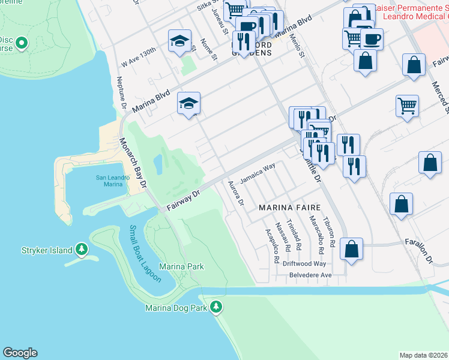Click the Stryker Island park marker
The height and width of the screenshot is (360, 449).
[x=81, y=250]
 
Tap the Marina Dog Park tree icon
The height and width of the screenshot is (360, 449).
[x=217, y=308]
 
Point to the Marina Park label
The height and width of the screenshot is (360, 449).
[x=181, y=266]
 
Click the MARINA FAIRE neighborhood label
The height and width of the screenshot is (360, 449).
[x=286, y=207]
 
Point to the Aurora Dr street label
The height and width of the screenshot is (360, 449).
[x=236, y=193]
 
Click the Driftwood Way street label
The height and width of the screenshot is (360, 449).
[x=305, y=263]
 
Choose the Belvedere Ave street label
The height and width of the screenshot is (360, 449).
[x=309, y=275]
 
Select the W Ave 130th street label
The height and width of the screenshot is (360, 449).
[x=139, y=58]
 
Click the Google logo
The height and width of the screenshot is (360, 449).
[x=20, y=353]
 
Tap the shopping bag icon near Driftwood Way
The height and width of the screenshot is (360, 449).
[x=351, y=248]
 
